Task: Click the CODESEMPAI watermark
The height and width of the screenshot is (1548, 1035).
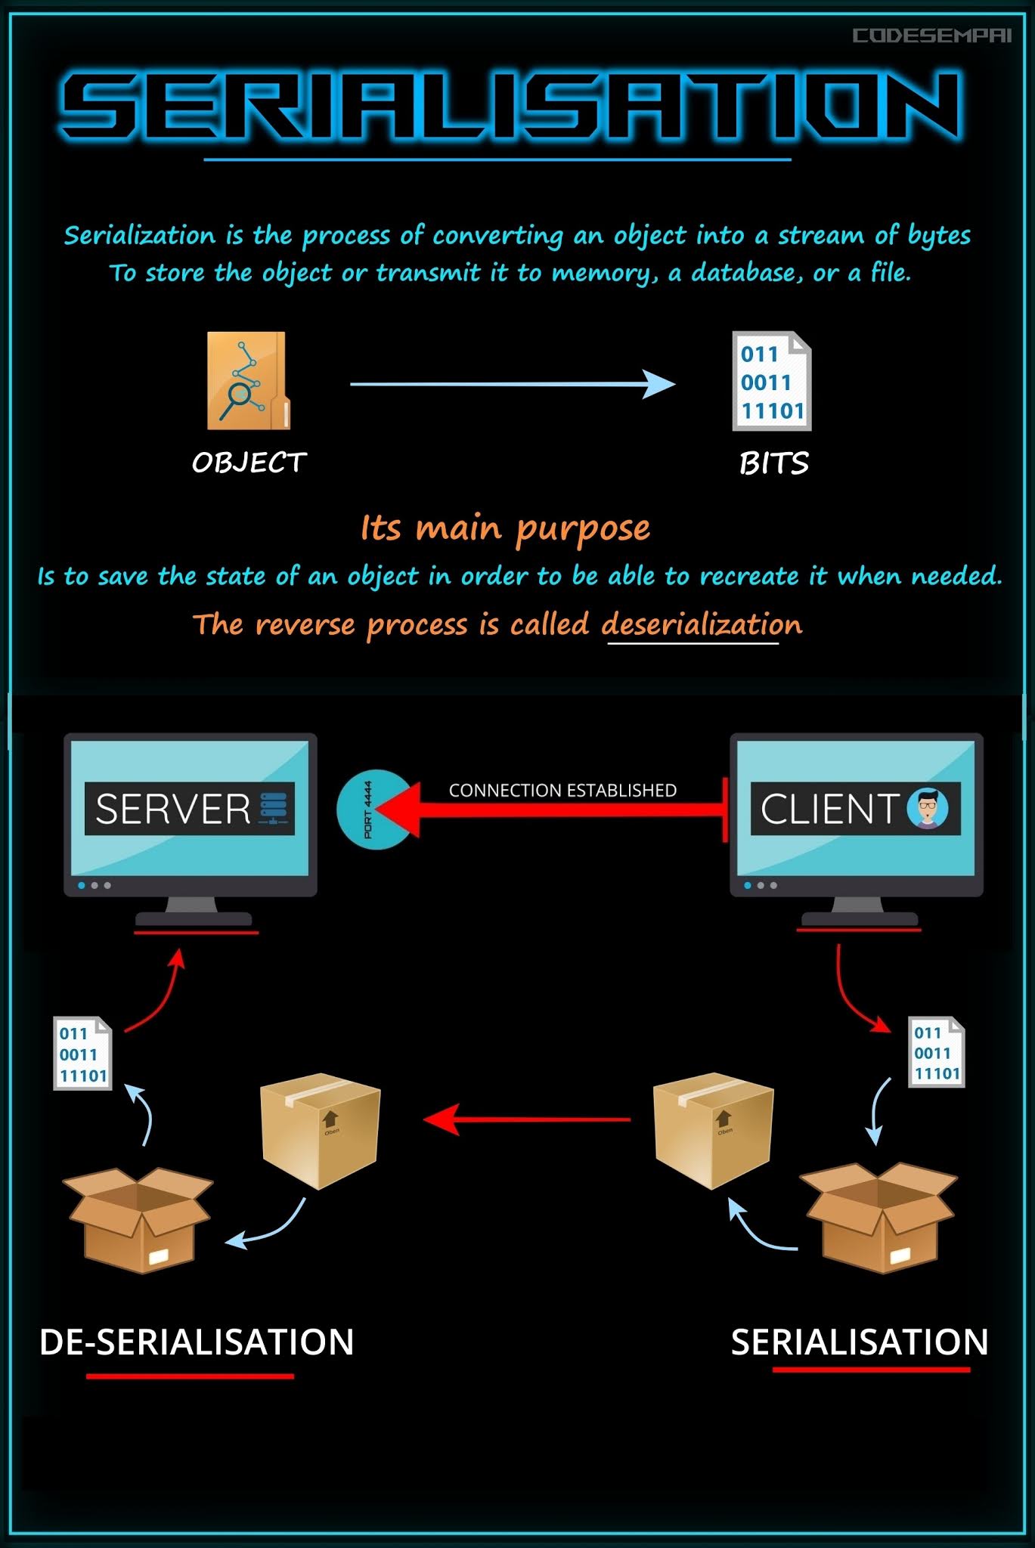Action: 931,36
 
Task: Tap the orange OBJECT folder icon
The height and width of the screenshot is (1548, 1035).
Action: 248,381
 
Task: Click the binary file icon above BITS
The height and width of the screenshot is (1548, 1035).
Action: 772,382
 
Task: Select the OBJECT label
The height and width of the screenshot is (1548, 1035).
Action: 249,463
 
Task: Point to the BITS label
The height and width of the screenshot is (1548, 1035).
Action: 773,463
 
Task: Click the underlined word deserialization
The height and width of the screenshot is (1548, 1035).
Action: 701,625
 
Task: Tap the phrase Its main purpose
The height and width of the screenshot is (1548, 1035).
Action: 505,528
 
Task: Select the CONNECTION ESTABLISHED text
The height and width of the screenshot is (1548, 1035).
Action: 562,791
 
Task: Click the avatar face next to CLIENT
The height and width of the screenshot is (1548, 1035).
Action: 928,808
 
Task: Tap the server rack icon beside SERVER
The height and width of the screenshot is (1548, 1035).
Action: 273,808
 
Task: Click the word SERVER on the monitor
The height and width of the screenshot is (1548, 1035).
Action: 173,810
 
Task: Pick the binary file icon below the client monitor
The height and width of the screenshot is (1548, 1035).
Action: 936,1052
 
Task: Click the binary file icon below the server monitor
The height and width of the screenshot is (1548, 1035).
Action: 82,1054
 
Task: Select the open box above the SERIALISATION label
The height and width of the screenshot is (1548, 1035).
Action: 879,1218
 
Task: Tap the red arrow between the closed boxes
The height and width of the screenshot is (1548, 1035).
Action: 527,1119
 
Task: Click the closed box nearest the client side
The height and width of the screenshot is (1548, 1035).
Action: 712,1130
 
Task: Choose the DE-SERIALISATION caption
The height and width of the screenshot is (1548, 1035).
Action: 196,1342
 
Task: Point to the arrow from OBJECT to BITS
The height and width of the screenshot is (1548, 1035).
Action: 512,384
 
